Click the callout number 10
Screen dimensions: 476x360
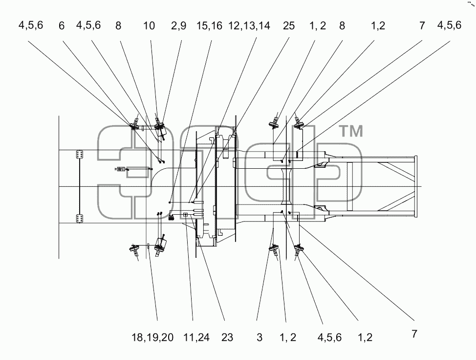pyautogui.click(x=149, y=26)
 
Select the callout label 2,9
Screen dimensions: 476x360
pyautogui.click(x=178, y=26)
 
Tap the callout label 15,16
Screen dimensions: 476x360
pyautogui.click(x=209, y=26)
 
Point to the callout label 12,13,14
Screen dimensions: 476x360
pyautogui.click(x=249, y=26)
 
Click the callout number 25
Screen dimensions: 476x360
pyautogui.click(x=289, y=26)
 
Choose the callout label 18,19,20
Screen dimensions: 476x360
pyautogui.click(x=152, y=337)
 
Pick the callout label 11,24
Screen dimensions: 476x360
pyautogui.click(x=196, y=337)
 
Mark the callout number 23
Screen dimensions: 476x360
pyautogui.click(x=227, y=337)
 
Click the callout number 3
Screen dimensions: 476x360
pyautogui.click(x=259, y=337)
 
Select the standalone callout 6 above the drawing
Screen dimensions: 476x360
pyautogui.click(x=62, y=26)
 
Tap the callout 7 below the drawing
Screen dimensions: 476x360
pyautogui.click(x=414, y=334)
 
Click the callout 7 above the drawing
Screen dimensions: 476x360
pyautogui.click(x=422, y=26)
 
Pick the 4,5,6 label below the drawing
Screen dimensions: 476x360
pyautogui.click(x=329, y=337)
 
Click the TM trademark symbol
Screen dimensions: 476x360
pyautogui.click(x=350, y=131)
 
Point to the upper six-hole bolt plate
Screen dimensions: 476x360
pyautogui.click(x=80, y=155)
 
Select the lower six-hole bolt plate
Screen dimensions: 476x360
pyautogui.click(x=80, y=219)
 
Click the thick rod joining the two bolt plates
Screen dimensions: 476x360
pyautogui.click(x=80, y=186)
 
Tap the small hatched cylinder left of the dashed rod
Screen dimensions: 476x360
pyautogui.click(x=121, y=169)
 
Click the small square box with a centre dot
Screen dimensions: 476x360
pyautogui.click(x=186, y=215)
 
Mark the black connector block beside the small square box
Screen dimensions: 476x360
pyautogui.click(x=171, y=217)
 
